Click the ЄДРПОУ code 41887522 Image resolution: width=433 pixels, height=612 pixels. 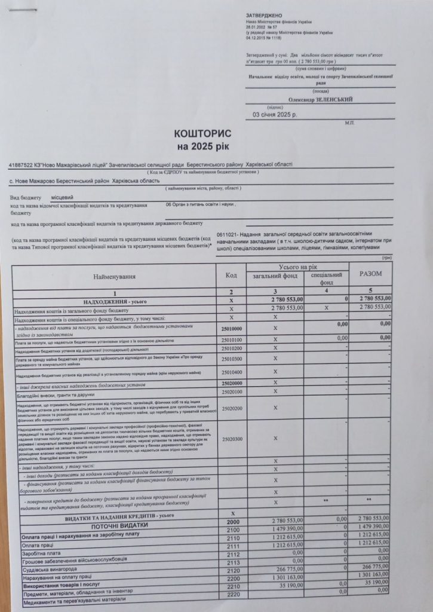[23, 164]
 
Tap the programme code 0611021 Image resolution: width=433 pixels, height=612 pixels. [229, 234]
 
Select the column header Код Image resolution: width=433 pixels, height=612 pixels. [231, 276]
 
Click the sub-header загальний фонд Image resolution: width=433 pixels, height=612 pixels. [275, 276]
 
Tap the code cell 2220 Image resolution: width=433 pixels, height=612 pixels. [233, 595]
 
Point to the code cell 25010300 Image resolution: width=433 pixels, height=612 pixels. [231, 359]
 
